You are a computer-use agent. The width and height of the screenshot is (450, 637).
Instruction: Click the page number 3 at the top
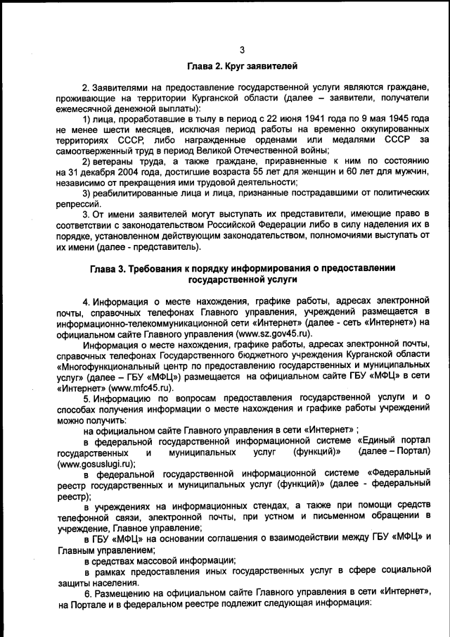[x=241, y=49]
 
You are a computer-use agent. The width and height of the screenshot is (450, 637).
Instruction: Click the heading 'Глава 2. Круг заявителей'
[x=242, y=67]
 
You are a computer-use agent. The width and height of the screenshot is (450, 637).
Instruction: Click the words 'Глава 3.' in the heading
[x=110, y=268]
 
